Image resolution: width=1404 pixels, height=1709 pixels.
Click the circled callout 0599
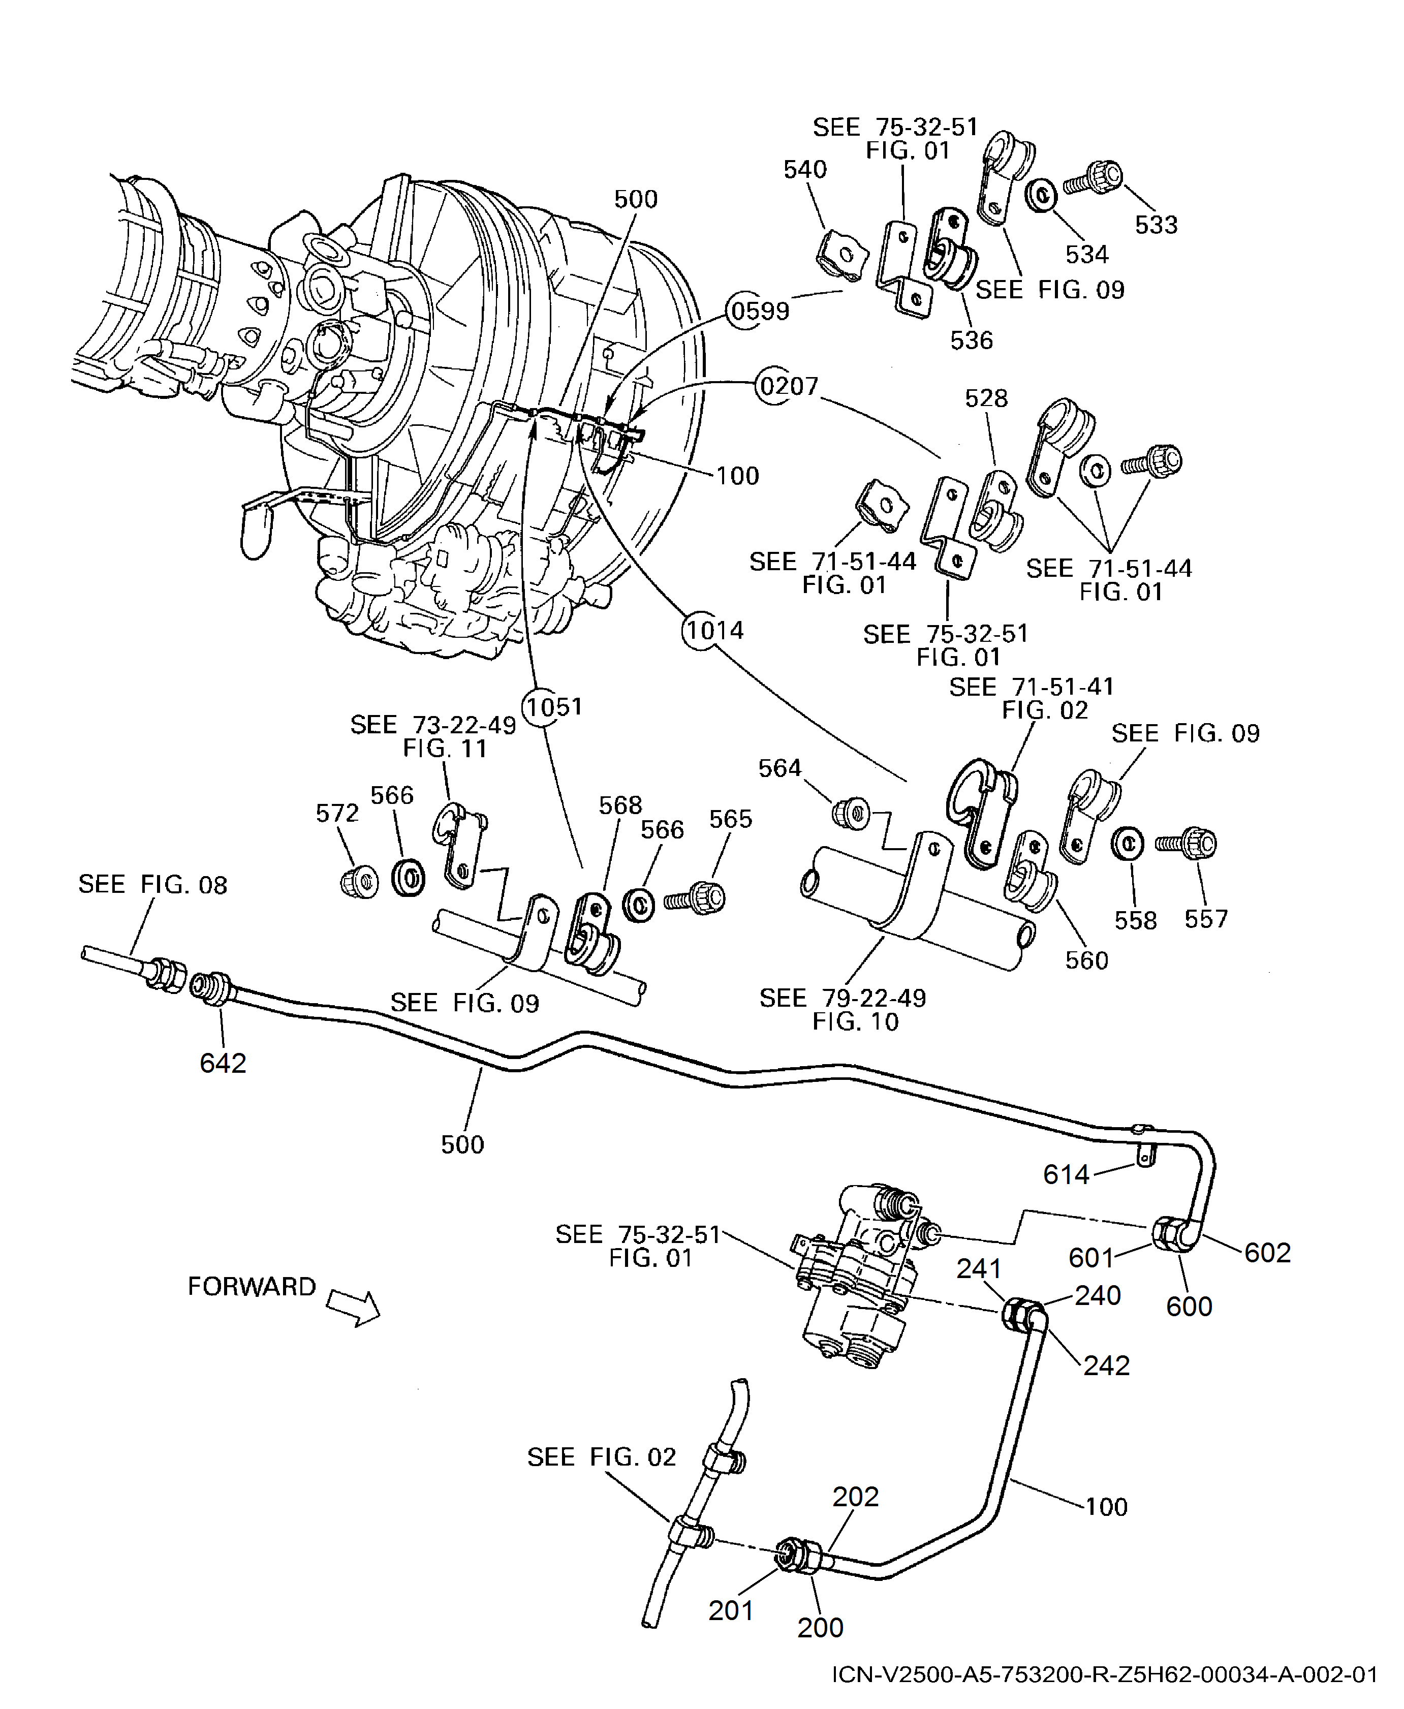(758, 310)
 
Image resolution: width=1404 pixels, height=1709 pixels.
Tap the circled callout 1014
(713, 630)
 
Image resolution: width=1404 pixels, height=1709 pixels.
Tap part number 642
(223, 1063)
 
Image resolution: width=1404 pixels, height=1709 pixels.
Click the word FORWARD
(252, 1286)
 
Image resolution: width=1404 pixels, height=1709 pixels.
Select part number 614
(1066, 1174)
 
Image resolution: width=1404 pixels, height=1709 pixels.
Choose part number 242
(1106, 1365)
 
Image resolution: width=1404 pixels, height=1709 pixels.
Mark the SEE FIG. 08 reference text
(153, 884)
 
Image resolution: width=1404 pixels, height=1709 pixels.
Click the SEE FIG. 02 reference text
(601, 1456)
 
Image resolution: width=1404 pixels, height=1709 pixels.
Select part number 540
(805, 169)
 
